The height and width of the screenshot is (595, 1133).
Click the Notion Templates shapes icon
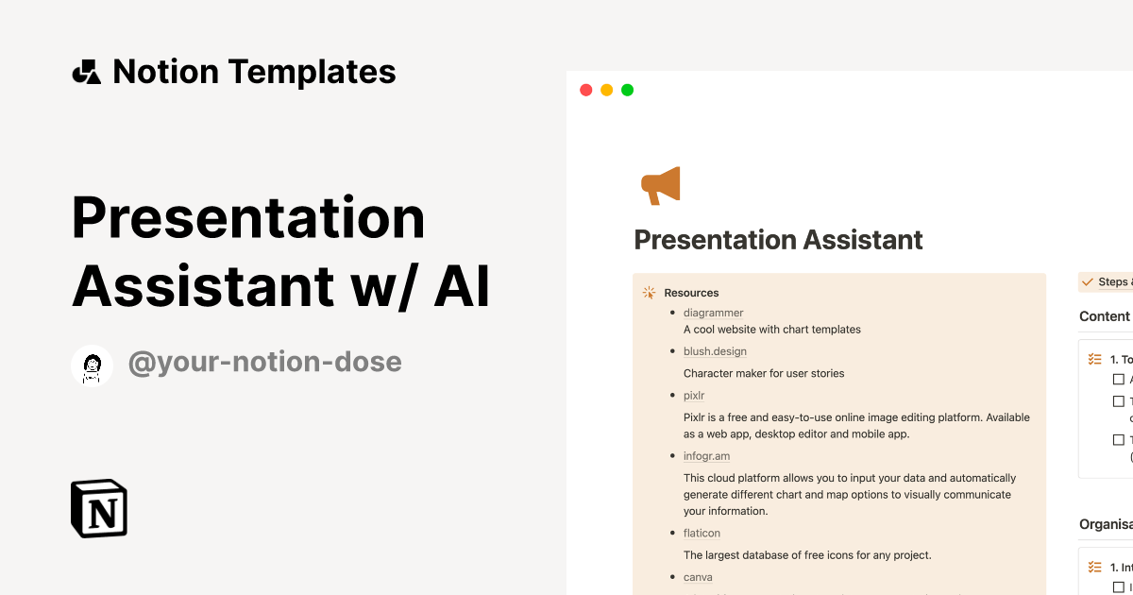pyautogui.click(x=86, y=72)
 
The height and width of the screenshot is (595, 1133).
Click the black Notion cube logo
pyautogui.click(x=99, y=508)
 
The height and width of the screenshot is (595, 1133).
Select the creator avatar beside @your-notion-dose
pyautogui.click(x=93, y=365)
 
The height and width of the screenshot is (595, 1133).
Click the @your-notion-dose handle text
pyautogui.click(x=264, y=362)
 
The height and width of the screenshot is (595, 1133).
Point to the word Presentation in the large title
pyautogui.click(x=248, y=217)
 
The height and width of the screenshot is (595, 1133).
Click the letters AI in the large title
pyautogui.click(x=462, y=287)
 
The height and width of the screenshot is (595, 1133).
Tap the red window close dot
pyautogui.click(x=585, y=91)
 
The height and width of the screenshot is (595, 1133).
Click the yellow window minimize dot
pyautogui.click(x=606, y=91)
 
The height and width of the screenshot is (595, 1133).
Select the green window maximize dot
pyautogui.click(x=627, y=91)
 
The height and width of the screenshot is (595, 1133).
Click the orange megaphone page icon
pyautogui.click(x=660, y=185)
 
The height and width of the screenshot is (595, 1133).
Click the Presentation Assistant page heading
pyautogui.click(x=778, y=240)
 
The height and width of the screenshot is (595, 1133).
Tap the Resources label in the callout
pyautogui.click(x=691, y=293)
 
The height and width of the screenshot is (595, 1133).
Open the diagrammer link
pyautogui.click(x=713, y=313)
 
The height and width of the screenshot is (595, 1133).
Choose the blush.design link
pyautogui.click(x=715, y=351)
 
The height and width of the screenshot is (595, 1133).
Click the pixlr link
pyautogui.click(x=694, y=396)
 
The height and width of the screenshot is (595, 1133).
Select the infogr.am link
pyautogui.click(x=706, y=456)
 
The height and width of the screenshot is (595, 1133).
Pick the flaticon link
pyautogui.click(x=702, y=534)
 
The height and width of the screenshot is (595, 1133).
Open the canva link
pyautogui.click(x=698, y=577)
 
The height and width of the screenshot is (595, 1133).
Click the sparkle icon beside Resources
pyautogui.click(x=649, y=293)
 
